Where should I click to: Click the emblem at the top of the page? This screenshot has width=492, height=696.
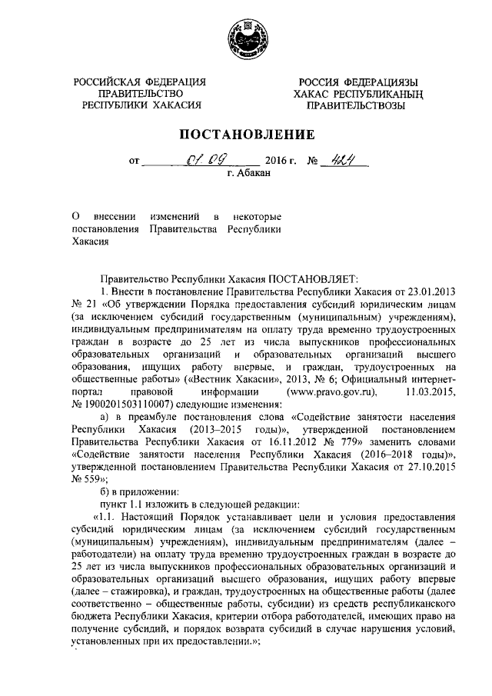coord(246,38)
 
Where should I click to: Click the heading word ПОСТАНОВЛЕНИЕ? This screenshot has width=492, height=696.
coord(246,135)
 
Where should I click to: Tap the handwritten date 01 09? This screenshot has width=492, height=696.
coord(201,162)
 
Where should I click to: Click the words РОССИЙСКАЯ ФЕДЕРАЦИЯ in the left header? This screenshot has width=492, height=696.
coord(139,82)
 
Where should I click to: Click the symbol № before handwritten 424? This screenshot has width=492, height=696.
coord(313,164)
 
